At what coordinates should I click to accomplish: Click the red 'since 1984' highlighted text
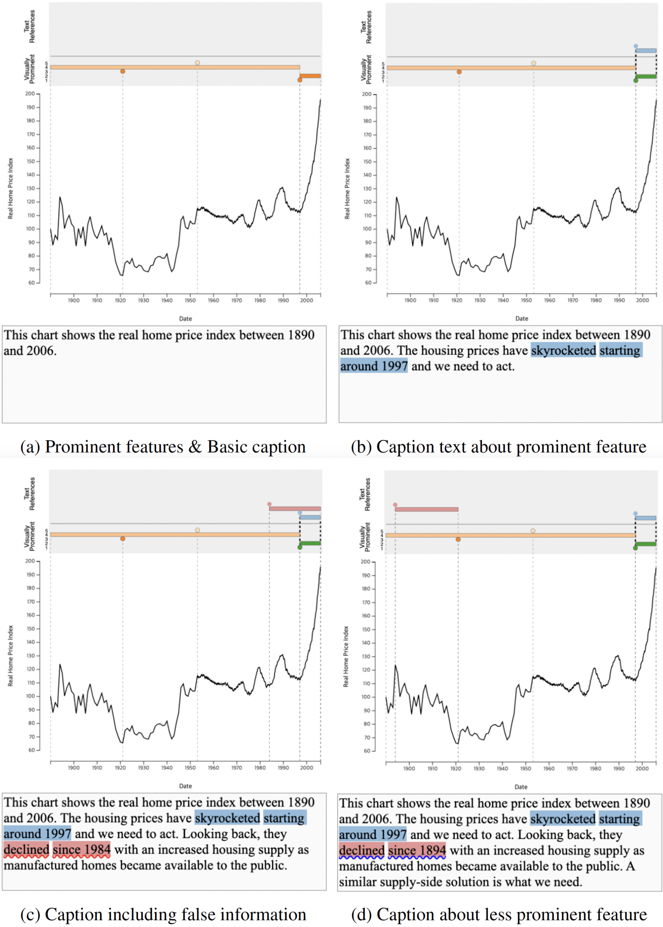pyautogui.click(x=82, y=850)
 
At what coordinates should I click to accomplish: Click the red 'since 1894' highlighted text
pyautogui.click(x=417, y=851)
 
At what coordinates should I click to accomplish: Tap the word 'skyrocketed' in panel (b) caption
pyautogui.click(x=563, y=350)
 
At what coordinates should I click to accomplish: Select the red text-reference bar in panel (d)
pyautogui.click(x=426, y=509)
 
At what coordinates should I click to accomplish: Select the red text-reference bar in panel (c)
pyautogui.click(x=295, y=508)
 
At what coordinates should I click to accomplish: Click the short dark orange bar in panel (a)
pyautogui.click(x=310, y=76)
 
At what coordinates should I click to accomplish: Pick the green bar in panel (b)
pyautogui.click(x=646, y=76)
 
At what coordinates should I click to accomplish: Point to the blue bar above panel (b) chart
pyautogui.click(x=646, y=51)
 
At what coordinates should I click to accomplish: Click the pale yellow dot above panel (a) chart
pyautogui.click(x=197, y=63)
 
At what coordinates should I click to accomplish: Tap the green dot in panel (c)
pyautogui.click(x=300, y=547)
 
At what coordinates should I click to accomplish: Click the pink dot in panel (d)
pyautogui.click(x=395, y=505)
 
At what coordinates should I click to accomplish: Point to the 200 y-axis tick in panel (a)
pyautogui.click(x=31, y=94)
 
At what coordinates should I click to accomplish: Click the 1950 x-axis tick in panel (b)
pyautogui.click(x=526, y=300)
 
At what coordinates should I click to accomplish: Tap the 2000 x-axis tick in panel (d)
pyautogui.click(x=642, y=768)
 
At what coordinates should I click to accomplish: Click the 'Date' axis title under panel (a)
pyautogui.click(x=185, y=318)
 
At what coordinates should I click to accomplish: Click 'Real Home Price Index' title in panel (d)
pyautogui.click(x=346, y=656)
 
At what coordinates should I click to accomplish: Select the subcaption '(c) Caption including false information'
pyautogui.click(x=163, y=914)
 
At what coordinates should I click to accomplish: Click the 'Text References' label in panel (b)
pyautogui.click(x=366, y=27)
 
